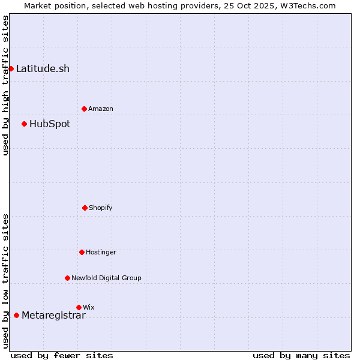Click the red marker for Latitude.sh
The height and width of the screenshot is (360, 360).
click(x=11, y=68)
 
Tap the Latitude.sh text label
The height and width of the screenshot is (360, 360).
click(x=43, y=68)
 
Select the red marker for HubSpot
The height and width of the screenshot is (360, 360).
click(x=24, y=124)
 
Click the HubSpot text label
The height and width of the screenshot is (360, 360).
click(x=50, y=124)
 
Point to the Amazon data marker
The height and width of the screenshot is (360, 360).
click(x=84, y=109)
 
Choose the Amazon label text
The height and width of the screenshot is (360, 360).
click(x=101, y=109)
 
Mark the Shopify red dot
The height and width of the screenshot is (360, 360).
click(x=85, y=208)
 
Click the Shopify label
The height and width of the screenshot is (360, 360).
click(x=101, y=208)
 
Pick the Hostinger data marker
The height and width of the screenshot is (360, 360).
click(x=82, y=252)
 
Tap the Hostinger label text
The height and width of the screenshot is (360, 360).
click(x=101, y=252)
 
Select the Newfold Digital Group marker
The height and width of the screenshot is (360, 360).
click(x=67, y=278)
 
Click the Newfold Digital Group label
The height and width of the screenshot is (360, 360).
click(x=106, y=278)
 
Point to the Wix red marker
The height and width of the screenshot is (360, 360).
click(x=79, y=307)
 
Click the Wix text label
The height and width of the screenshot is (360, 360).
click(x=89, y=307)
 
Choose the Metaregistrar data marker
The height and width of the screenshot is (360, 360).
click(x=16, y=316)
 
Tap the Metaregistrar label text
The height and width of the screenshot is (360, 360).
click(x=53, y=316)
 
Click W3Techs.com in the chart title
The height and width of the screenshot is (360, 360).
click(x=307, y=5)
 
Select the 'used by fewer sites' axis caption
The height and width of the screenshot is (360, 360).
click(x=62, y=355)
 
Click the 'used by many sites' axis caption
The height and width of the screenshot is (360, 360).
click(x=301, y=355)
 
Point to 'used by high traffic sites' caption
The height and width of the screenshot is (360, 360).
click(x=5, y=85)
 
